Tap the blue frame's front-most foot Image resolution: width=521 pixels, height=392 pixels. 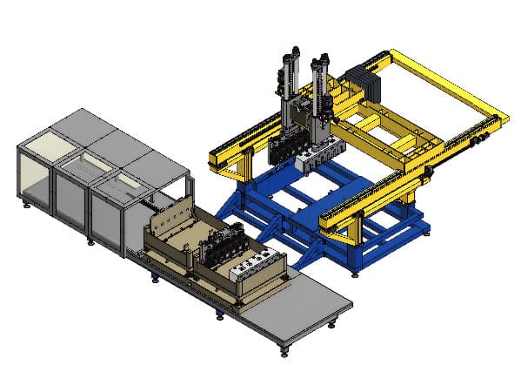(355, 273)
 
